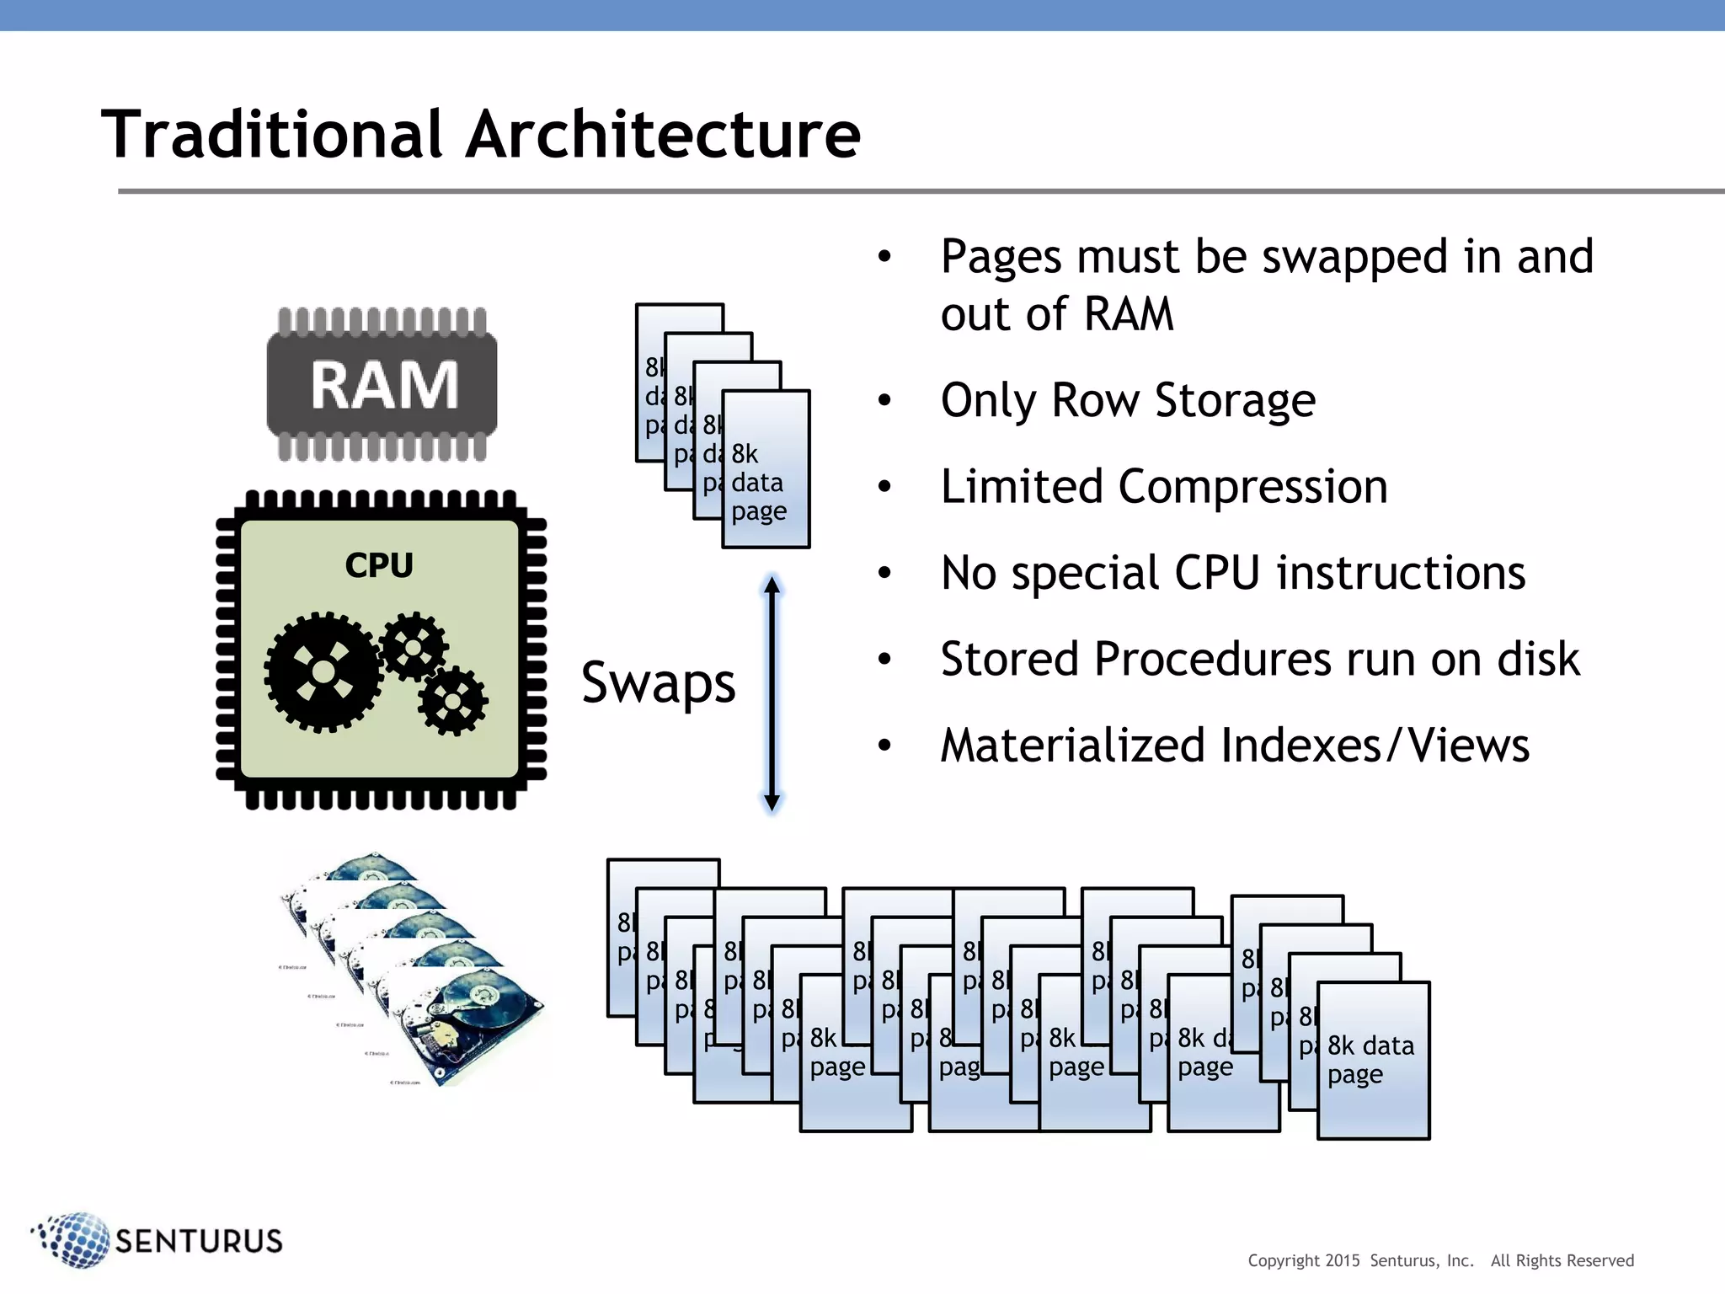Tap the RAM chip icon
[382, 385]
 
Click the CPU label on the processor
[379, 565]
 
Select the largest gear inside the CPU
[323, 671]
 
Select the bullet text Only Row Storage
[1128, 401]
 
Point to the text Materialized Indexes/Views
[1234, 746]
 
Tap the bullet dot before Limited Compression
[884, 487]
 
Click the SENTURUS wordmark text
[199, 1241]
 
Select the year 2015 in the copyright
[1342, 1261]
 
